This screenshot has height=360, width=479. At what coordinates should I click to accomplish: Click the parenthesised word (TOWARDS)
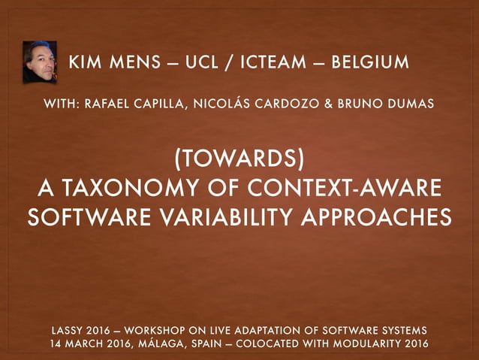(239, 159)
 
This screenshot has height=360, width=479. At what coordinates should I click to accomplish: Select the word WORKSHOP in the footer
(158, 331)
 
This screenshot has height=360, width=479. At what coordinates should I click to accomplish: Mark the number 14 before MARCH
(54, 344)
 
